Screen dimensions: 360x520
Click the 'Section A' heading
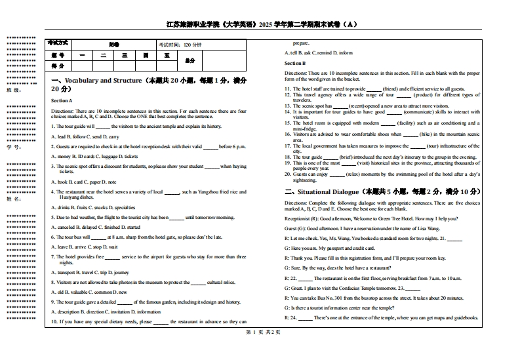coord(62,100)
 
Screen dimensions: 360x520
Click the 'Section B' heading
coord(295,63)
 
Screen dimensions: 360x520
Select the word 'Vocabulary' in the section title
coord(80,80)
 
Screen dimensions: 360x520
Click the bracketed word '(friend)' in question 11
coord(391,89)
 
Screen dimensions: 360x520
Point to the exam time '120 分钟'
coord(193,45)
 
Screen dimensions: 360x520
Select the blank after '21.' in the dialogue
coord(454,238)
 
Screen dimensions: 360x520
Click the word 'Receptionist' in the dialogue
coord(298,218)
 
